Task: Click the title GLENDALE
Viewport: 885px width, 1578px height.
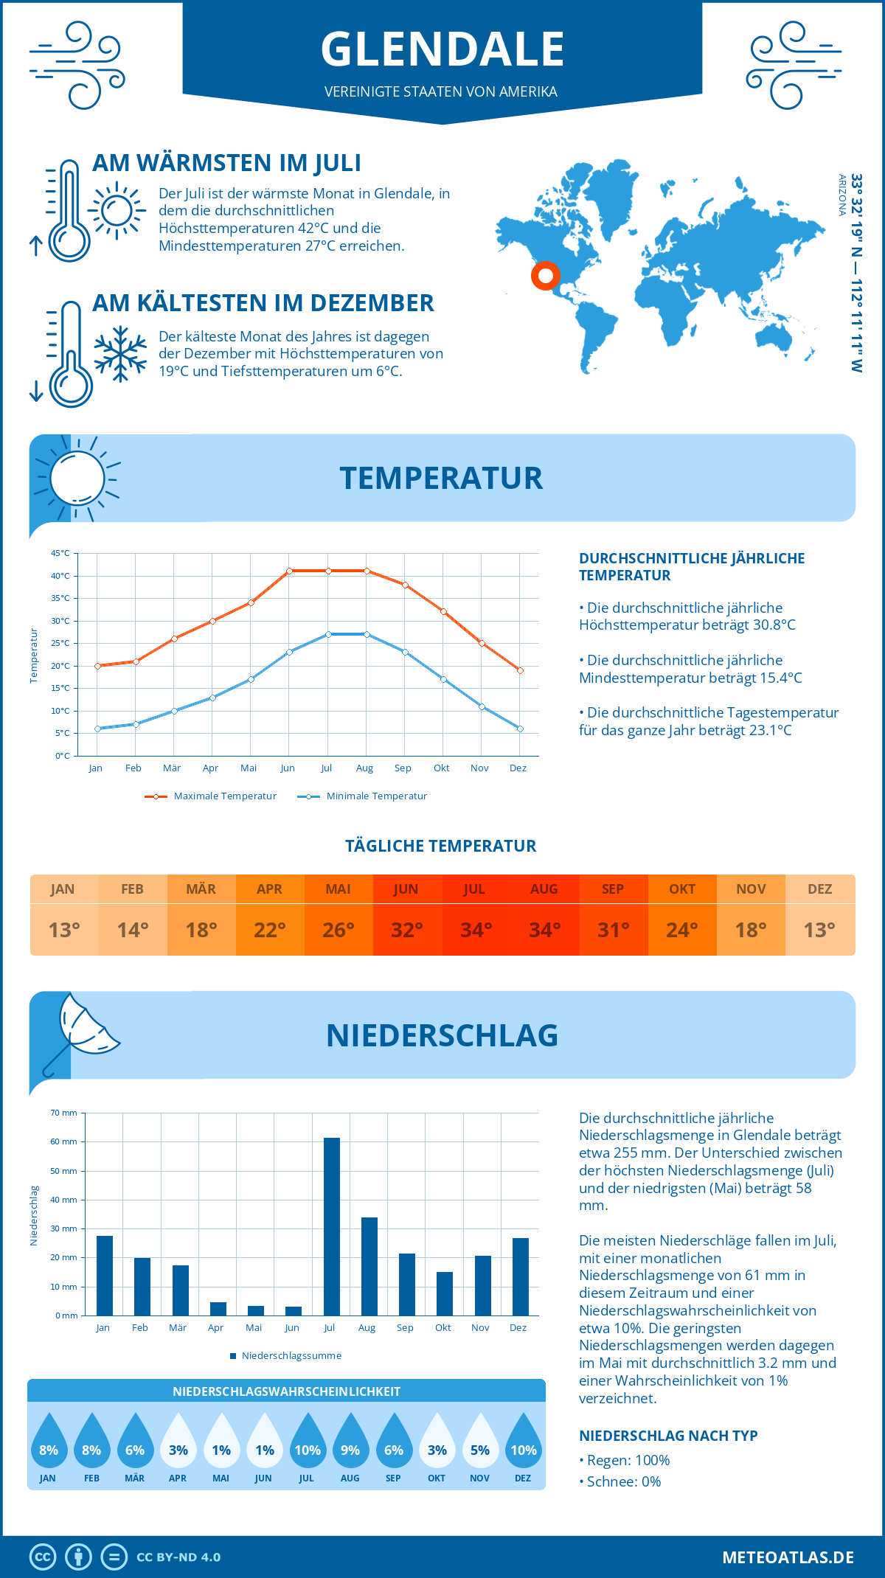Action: (442, 49)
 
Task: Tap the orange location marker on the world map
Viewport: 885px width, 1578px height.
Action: (545, 276)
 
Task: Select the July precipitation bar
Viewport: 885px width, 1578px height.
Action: (332, 1226)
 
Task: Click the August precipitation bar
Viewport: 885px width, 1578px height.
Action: (369, 1266)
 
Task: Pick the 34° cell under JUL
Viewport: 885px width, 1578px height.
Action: (476, 930)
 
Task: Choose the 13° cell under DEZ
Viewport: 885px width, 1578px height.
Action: (819, 930)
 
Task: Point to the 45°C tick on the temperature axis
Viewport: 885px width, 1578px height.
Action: (60, 553)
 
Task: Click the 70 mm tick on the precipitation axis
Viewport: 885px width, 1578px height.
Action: (63, 1113)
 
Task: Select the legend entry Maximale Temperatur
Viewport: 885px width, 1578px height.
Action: (211, 796)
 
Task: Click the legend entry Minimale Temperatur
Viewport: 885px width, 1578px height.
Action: (363, 796)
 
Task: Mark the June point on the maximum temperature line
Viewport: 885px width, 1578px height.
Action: (289, 571)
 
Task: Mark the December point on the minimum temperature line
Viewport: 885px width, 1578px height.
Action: (520, 729)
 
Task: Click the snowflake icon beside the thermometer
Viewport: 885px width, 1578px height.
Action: (120, 354)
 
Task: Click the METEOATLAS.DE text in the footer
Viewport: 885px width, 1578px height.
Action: (788, 1557)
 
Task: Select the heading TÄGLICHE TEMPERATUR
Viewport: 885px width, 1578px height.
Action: (441, 846)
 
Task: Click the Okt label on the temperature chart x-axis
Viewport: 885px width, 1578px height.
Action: (441, 768)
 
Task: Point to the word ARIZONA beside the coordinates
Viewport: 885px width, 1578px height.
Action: (841, 195)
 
